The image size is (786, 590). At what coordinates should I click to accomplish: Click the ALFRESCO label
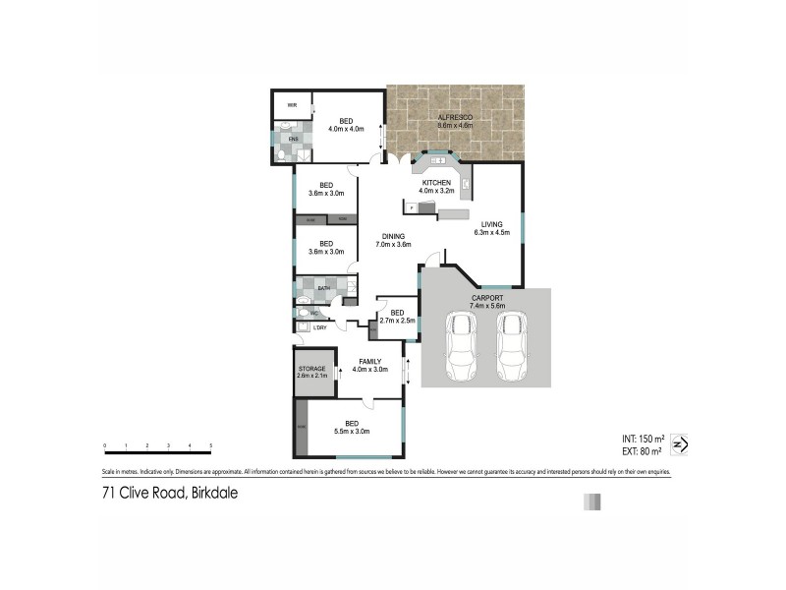(x=455, y=118)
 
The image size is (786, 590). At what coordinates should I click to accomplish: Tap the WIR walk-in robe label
(x=292, y=105)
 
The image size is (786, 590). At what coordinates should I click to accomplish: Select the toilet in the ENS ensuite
(x=280, y=153)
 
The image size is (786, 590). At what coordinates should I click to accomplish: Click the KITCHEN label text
(x=436, y=183)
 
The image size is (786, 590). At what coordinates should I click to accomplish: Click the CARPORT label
(x=487, y=297)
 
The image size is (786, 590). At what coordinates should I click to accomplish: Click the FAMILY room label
(x=370, y=362)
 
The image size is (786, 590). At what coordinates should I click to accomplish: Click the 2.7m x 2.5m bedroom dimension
(x=398, y=320)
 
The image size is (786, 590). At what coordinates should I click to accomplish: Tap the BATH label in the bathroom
(x=323, y=287)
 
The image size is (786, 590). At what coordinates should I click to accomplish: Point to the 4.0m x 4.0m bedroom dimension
(x=346, y=129)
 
